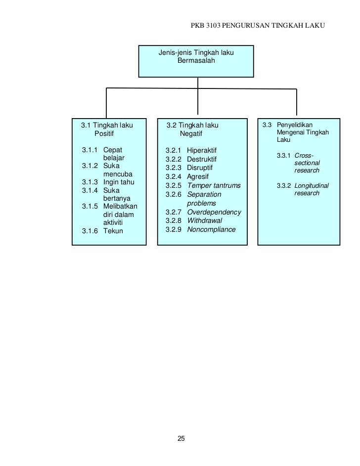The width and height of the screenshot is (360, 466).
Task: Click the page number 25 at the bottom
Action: pyautogui.click(x=180, y=439)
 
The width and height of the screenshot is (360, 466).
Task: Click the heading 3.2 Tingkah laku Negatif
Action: pyautogui.click(x=192, y=129)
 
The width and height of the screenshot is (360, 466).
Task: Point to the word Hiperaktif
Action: pyautogui.click(x=202, y=150)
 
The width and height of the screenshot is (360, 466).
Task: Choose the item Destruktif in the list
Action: pyautogui.click(x=202, y=159)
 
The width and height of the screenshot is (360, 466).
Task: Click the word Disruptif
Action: pyautogui.click(x=200, y=168)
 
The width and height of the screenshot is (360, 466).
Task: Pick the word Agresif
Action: pyautogui.click(x=198, y=176)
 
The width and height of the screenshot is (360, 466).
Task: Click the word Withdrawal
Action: pyautogui.click(x=204, y=220)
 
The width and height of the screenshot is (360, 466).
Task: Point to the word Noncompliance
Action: pyautogui.click(x=211, y=229)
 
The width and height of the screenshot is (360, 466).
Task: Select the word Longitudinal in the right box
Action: pyautogui.click(x=312, y=186)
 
